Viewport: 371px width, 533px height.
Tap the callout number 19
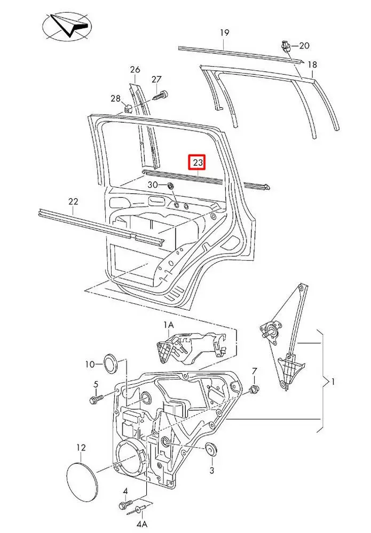coord(225,33)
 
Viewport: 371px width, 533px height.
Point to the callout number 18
coord(312,64)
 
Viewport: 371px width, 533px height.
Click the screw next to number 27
coord(161,96)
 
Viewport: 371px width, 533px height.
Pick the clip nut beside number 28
coord(128,109)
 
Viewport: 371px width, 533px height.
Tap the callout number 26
coord(135,70)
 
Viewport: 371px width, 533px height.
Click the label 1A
coord(169,324)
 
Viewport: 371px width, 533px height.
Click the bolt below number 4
coord(124,505)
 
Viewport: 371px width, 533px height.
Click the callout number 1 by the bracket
coord(333,382)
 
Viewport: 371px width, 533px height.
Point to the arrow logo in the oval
coord(67,27)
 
